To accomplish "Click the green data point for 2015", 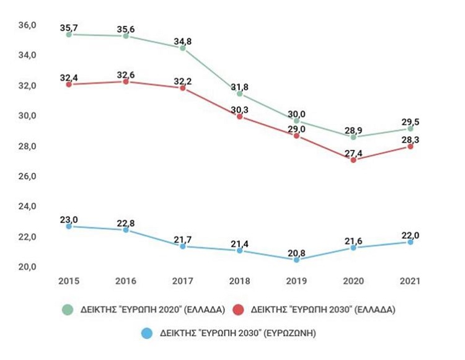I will point(69,35).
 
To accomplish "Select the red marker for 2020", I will point(353,160).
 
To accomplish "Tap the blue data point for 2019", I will point(296,260).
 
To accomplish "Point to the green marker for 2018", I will point(239,94).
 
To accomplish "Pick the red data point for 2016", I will point(126,81).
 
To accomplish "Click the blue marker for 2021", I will point(410,242).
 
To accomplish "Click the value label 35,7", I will point(69,28).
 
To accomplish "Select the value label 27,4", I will point(353,152).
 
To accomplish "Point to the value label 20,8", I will point(296,252).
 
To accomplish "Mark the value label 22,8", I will point(126,222).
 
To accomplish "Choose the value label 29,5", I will point(410,121).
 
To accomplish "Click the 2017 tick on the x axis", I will point(183,281).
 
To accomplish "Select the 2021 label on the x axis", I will point(410,281).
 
